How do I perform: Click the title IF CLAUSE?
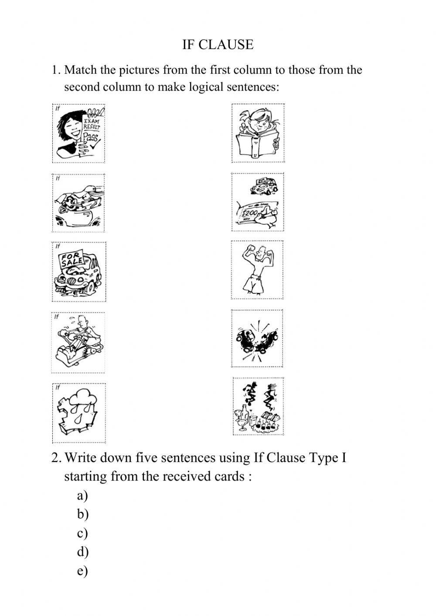click(x=218, y=44)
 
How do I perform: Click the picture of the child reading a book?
click(x=258, y=133)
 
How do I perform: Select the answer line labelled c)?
click(x=82, y=533)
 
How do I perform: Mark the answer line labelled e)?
click(x=82, y=571)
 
